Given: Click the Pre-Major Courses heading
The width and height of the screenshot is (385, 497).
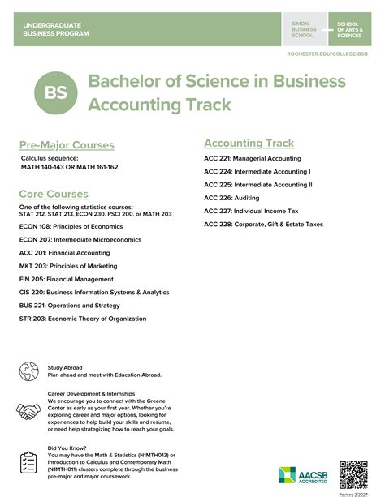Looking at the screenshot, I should coord(67,145).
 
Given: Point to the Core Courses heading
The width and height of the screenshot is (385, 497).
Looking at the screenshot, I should coord(54,194).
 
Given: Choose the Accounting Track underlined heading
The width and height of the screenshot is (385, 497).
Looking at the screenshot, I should coord(249,143).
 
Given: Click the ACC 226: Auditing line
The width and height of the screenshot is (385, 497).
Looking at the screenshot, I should coord(231,197).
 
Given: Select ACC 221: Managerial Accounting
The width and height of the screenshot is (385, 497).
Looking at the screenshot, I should coord(252,158).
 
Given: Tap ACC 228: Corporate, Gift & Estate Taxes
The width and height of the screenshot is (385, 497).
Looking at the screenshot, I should coord(263,223).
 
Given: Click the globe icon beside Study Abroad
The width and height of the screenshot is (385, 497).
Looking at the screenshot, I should coord(29,371).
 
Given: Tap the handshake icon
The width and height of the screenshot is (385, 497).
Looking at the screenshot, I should coord(29,412).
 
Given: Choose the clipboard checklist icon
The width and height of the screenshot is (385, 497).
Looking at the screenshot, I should coord(29,461).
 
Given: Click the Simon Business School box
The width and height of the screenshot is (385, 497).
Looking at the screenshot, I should coord(305,30).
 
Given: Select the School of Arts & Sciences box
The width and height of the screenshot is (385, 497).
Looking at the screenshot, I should coord(351,30).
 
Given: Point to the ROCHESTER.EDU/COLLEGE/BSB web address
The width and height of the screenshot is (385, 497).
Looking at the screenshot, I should coord(327,53).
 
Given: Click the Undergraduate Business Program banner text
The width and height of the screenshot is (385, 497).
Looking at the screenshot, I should coord(57,30).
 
